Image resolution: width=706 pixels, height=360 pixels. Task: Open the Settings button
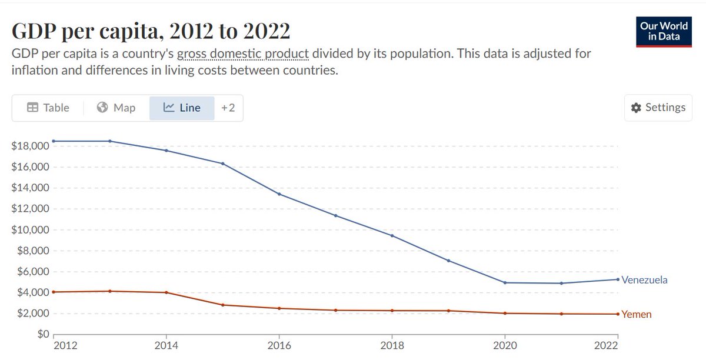click(658, 108)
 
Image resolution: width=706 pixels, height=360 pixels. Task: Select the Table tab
click(48, 108)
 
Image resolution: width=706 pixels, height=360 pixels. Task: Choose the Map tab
click(116, 108)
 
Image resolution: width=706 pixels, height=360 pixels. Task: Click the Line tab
click(182, 108)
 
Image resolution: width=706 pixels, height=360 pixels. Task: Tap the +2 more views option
click(228, 108)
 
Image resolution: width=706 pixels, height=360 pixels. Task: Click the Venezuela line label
click(645, 280)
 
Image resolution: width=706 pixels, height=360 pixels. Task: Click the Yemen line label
click(637, 314)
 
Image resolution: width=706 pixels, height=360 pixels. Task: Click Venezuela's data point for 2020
click(505, 282)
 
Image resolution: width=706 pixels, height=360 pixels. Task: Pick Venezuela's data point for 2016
click(279, 194)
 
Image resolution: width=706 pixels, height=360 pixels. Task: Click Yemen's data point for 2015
click(223, 305)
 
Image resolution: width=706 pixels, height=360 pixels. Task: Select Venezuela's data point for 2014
click(166, 151)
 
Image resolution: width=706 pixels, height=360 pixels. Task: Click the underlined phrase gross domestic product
click(242, 54)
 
